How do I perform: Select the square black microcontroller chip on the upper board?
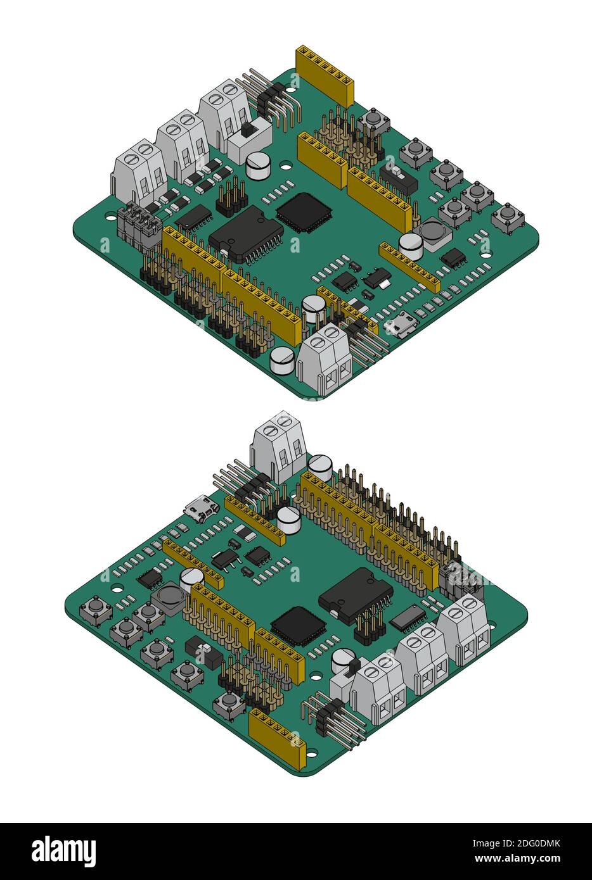(304, 211)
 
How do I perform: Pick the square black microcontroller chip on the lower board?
(298, 626)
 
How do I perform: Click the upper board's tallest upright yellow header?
(325, 76)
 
